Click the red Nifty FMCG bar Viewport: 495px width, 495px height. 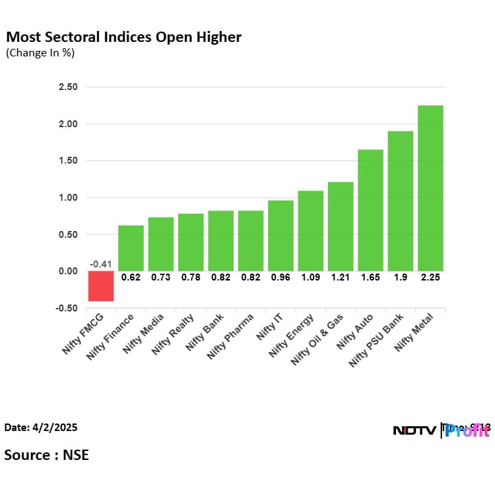(101, 286)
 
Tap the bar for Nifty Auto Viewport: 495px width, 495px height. (371, 210)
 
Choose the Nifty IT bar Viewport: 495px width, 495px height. (280, 235)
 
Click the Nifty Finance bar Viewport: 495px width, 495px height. (131, 247)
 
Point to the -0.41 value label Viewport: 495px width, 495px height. (101, 264)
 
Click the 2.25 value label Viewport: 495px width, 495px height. (430, 278)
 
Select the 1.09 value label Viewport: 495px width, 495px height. (311, 278)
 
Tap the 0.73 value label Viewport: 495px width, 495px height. (161, 278)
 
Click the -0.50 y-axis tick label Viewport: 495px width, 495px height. (67, 308)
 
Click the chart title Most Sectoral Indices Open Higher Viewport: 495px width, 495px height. (124, 37)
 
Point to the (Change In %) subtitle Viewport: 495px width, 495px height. (40, 53)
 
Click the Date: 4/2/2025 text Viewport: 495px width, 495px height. (41, 428)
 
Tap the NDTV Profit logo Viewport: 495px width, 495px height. (441, 430)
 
